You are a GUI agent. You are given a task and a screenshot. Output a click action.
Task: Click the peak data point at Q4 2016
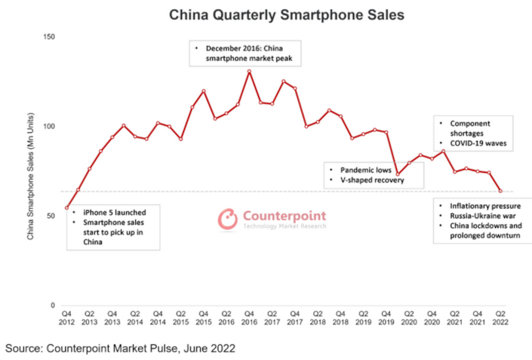249,72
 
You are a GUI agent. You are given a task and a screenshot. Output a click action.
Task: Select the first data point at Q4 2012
67,208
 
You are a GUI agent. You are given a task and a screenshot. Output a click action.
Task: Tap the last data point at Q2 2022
500,191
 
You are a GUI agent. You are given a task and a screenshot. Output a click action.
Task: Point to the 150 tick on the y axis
50,37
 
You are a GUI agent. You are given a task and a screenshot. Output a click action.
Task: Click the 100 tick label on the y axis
50,127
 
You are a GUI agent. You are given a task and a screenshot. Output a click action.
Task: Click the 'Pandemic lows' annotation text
358,171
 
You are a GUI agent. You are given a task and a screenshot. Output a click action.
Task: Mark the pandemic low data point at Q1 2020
398,174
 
